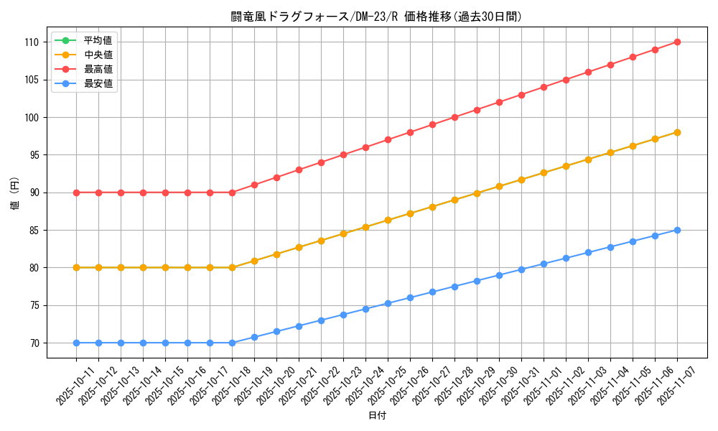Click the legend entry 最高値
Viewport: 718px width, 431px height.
click(98, 69)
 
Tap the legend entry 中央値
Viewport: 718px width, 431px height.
click(98, 55)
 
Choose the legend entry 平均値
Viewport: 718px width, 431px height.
click(98, 40)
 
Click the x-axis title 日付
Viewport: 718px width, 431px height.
click(377, 416)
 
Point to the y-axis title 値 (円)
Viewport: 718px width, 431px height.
click(15, 193)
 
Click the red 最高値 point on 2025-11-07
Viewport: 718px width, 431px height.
click(677, 42)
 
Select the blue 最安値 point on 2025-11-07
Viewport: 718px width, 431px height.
click(677, 231)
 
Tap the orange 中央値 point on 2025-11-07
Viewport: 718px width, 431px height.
click(677, 132)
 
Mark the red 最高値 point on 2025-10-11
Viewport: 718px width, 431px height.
click(76, 193)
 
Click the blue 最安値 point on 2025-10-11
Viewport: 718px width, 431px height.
click(76, 343)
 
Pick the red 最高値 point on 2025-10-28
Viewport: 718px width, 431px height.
click(454, 117)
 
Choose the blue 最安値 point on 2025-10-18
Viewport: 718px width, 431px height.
click(232, 343)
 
